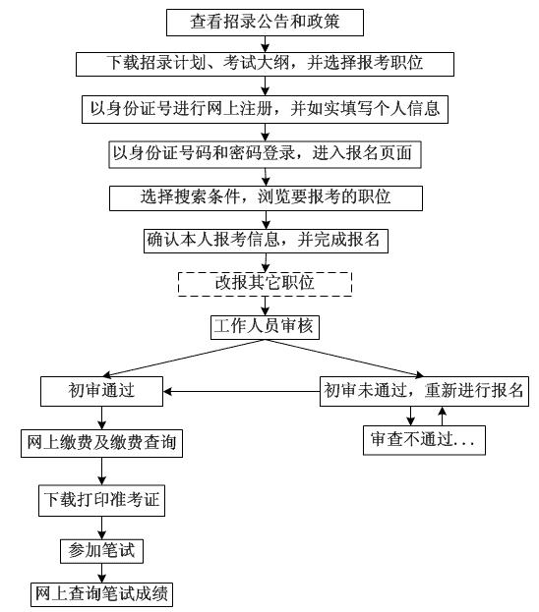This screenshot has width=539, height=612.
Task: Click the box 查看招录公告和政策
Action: point(265,21)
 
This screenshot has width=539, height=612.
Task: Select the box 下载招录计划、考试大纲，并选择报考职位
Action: point(265,64)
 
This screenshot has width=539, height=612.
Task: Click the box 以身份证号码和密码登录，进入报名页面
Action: point(265,154)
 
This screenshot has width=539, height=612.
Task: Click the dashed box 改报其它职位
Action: point(265,283)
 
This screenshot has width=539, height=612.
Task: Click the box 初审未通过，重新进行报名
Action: point(425,391)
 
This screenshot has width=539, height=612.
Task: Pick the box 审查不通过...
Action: point(424,439)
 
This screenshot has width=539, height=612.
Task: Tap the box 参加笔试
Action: point(101,551)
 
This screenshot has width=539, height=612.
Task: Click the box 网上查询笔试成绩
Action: point(101,593)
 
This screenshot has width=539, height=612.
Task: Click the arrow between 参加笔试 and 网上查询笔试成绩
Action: point(101,573)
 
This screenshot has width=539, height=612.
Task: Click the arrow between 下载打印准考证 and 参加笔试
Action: point(101,527)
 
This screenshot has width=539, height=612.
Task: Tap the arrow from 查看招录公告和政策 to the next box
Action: point(265,42)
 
